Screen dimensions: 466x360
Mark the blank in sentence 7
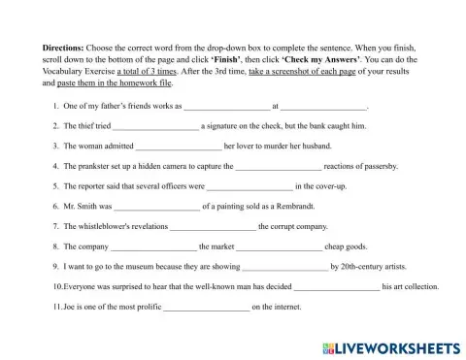click(214, 226)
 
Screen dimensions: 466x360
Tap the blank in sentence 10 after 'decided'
click(337, 286)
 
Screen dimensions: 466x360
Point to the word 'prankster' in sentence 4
click(96, 166)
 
